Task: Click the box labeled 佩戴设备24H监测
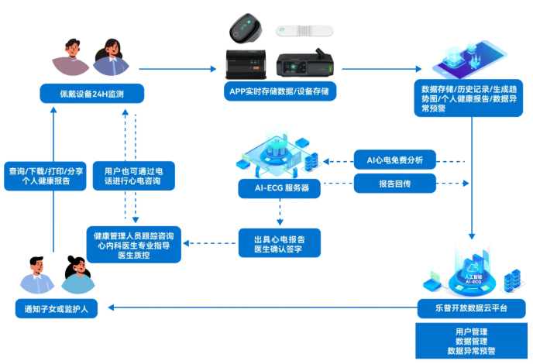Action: coord(92,94)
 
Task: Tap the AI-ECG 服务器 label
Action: coord(278,187)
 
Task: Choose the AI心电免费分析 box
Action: coord(394,161)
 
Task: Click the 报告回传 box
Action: coord(394,184)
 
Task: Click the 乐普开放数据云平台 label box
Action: coord(471,308)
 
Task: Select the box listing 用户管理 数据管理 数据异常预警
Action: coord(471,341)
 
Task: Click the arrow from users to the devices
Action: coord(178,69)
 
